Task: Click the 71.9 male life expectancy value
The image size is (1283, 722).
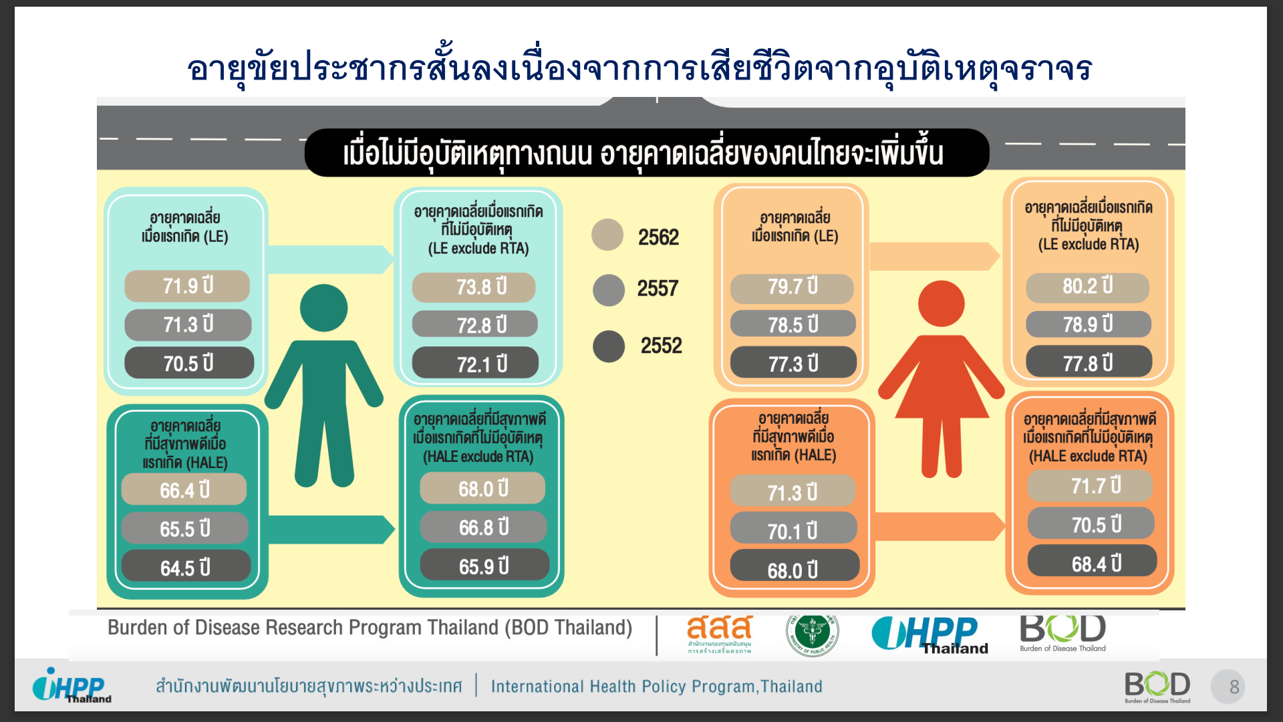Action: tap(187, 286)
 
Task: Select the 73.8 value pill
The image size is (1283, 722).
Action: tap(474, 287)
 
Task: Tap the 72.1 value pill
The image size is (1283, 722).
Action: tap(475, 363)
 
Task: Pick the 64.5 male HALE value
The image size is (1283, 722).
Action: tap(186, 567)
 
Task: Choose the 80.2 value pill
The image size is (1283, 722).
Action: tap(1088, 287)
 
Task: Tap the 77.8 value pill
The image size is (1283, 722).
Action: tap(1089, 362)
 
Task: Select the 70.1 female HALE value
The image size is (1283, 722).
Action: tap(793, 529)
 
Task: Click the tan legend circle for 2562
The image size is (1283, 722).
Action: tap(607, 235)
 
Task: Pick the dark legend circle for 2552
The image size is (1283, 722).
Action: tap(609, 346)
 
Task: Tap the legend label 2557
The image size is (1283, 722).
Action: tap(658, 289)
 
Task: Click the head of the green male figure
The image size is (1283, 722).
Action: tap(324, 308)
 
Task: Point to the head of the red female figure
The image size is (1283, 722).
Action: tap(942, 304)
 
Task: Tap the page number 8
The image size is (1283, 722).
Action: tap(1234, 687)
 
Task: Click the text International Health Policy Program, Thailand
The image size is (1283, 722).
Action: tap(656, 687)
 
